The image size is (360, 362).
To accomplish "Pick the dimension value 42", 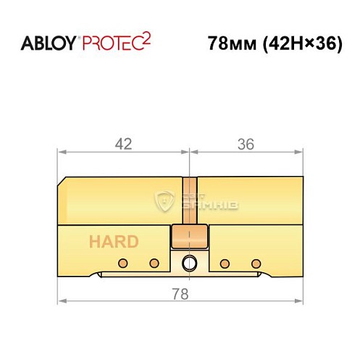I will coord(123,144).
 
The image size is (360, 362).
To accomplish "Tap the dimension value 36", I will coord(245,144).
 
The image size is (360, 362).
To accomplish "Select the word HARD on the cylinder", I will coord(114,242).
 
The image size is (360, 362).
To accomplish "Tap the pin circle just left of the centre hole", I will coord(154,261).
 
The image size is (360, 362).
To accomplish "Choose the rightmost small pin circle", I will coord(255,261).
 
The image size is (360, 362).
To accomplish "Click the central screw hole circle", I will coord(189,261).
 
